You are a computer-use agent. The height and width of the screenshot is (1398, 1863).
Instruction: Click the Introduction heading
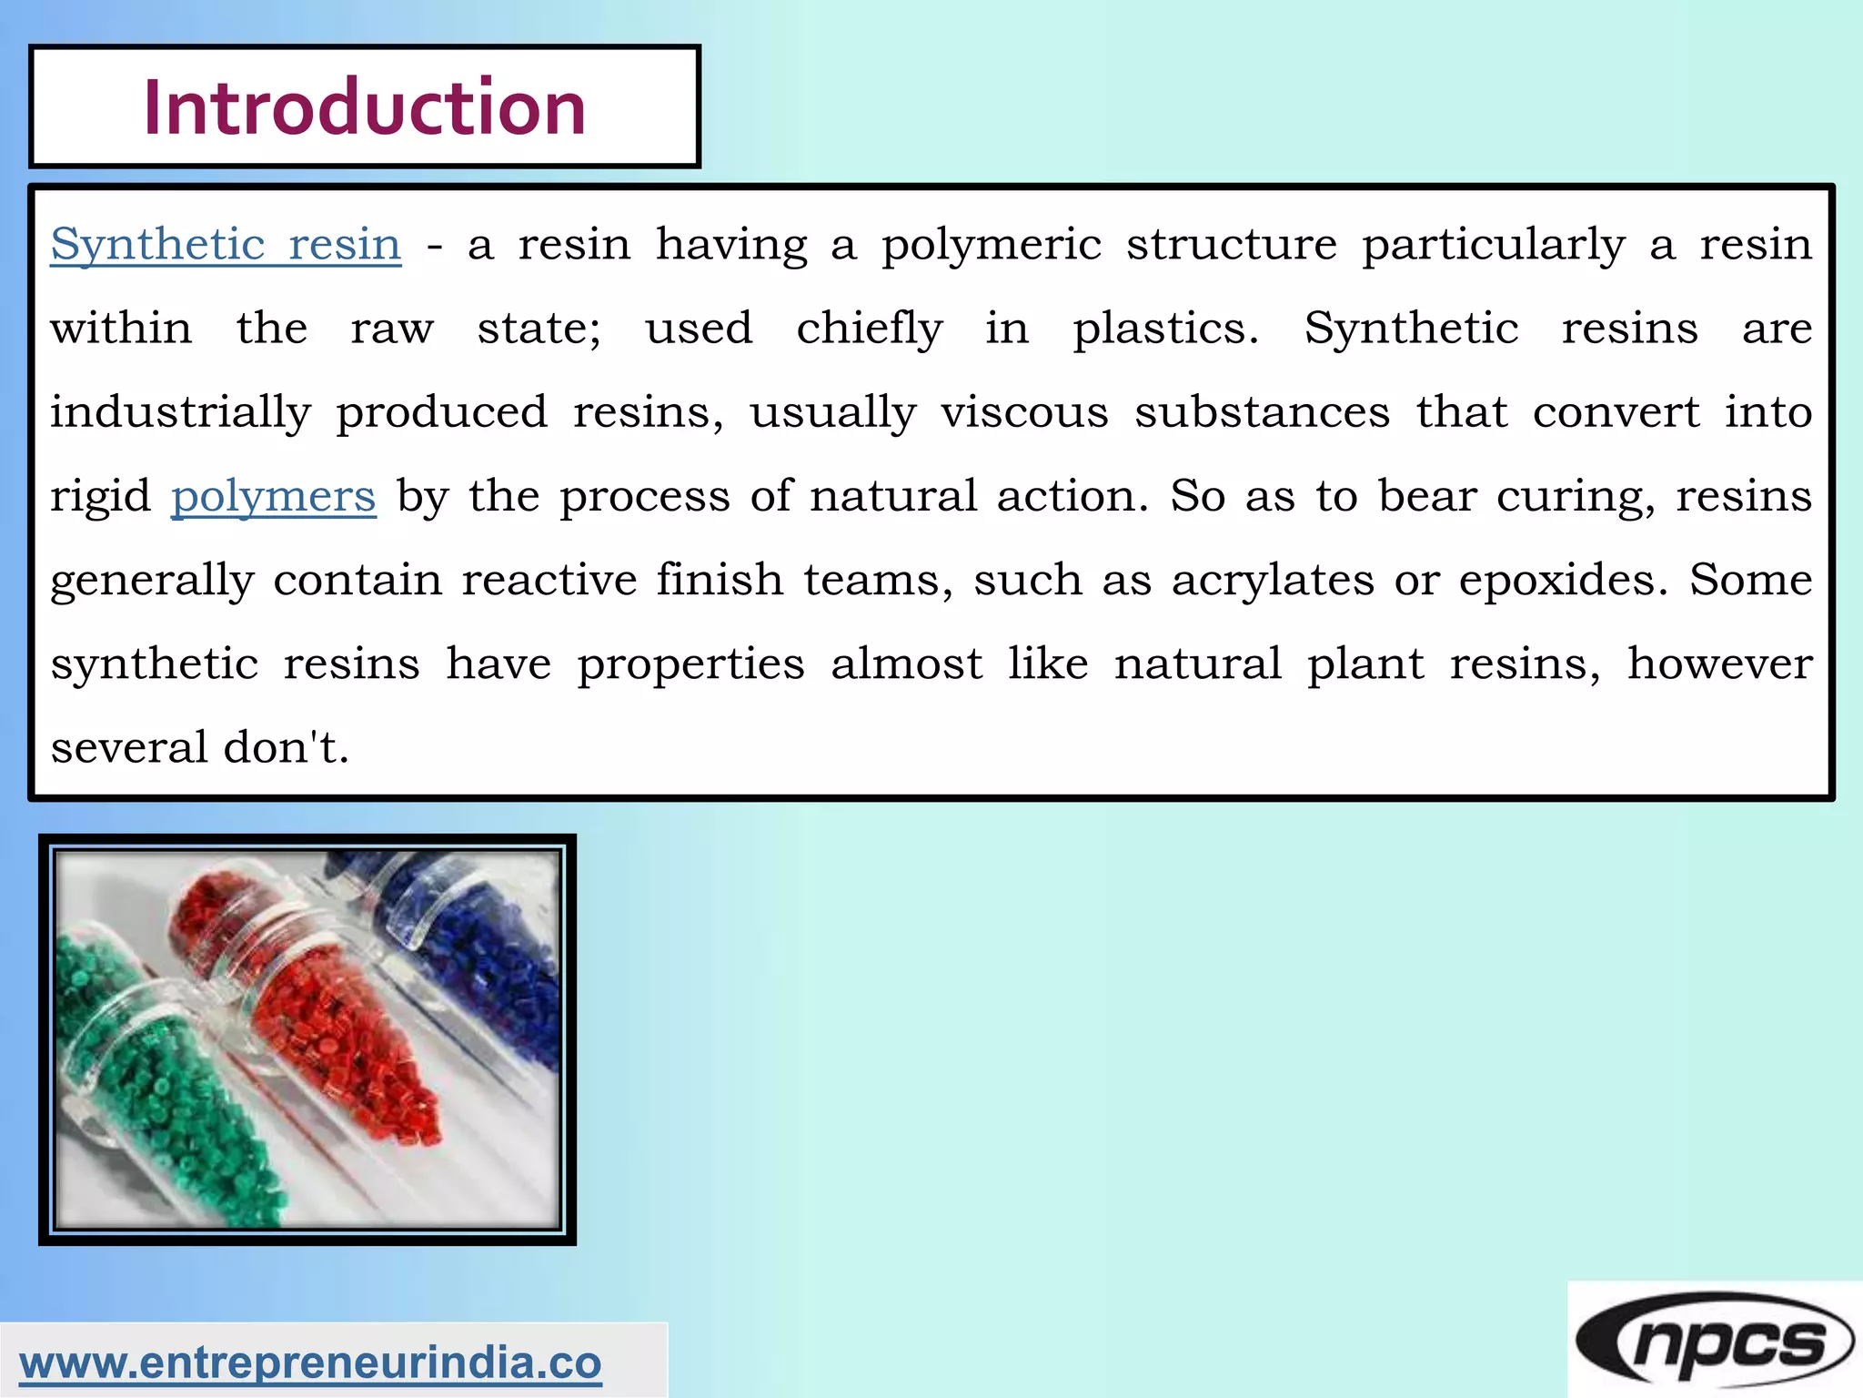[364, 107]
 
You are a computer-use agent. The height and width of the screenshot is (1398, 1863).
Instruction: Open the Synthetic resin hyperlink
[226, 244]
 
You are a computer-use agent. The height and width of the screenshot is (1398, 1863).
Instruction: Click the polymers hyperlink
[273, 496]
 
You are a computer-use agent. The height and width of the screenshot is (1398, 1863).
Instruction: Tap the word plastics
[1165, 328]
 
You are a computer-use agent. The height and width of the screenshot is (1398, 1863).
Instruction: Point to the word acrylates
[1272, 580]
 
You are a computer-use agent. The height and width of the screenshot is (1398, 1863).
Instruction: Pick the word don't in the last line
[286, 747]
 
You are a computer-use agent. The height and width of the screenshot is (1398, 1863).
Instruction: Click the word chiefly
[869, 328]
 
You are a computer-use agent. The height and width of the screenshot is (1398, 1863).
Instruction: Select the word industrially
[180, 412]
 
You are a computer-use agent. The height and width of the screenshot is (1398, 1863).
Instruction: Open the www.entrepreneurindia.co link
[310, 1363]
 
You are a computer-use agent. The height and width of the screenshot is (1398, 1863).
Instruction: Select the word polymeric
[991, 244]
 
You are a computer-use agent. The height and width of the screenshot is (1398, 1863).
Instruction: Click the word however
[1719, 664]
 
